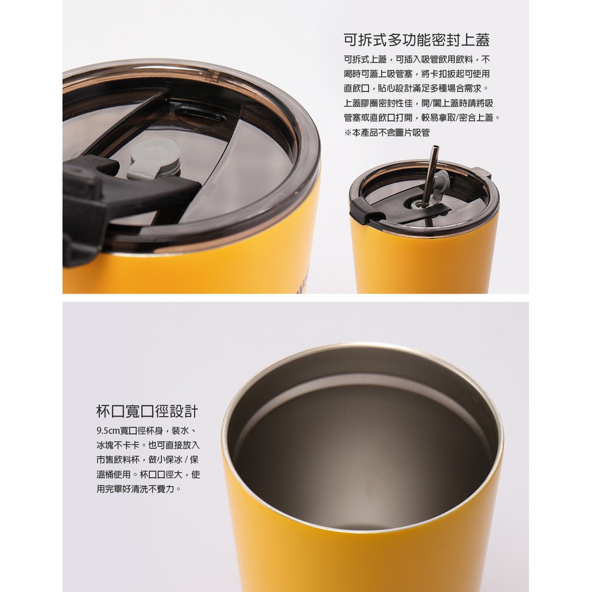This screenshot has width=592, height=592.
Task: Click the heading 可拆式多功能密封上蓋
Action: coord(417,40)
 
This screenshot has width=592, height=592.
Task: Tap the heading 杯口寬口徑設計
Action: coord(147,411)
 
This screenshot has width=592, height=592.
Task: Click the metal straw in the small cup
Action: coord(430,176)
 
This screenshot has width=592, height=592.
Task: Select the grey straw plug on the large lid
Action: coord(154,159)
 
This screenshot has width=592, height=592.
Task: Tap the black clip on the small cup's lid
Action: coord(364,212)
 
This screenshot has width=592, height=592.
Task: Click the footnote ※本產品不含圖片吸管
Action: coord(387,132)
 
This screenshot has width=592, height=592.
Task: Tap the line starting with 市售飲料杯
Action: coord(147,460)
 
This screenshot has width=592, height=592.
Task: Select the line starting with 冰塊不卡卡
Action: coord(148,445)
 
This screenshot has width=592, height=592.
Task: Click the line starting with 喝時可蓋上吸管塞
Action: coord(417,74)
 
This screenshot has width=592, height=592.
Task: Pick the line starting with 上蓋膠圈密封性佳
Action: coord(419,103)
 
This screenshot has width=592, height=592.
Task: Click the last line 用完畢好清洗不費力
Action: coord(139,489)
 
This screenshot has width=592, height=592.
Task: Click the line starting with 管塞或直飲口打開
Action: coord(422,118)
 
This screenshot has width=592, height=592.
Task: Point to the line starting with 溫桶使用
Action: coord(148,474)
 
